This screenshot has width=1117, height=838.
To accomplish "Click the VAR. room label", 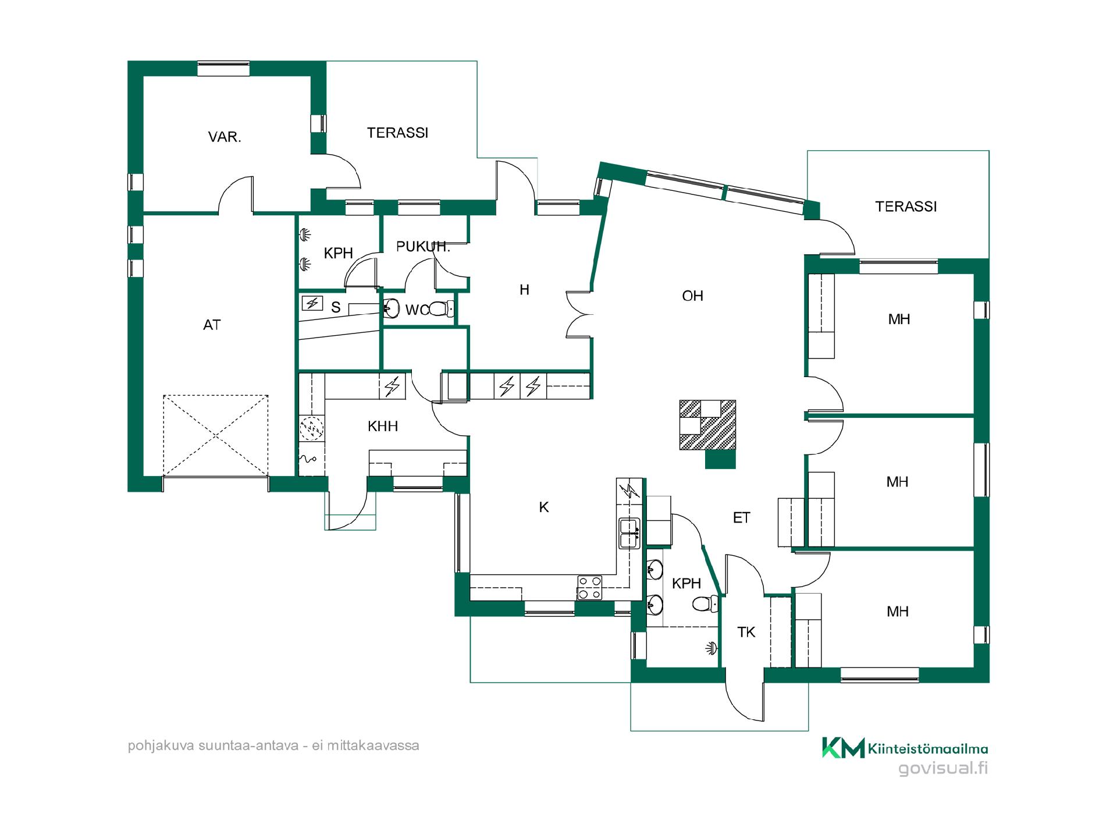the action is tap(225, 137).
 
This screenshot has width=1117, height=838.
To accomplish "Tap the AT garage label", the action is tap(212, 325).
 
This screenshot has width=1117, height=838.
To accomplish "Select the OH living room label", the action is tap(692, 296).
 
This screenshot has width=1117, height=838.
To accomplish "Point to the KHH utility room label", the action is tap(383, 427).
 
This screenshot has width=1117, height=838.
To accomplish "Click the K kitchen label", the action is tap(544, 507).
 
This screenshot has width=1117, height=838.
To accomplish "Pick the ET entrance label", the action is tap(741, 518).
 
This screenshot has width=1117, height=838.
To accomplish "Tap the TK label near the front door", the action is tap(746, 633).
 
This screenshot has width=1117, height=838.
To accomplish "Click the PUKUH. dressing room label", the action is tap(423, 247).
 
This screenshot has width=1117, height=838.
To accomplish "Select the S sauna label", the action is tap(336, 308).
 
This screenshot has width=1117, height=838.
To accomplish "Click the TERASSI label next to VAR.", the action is tap(397, 133).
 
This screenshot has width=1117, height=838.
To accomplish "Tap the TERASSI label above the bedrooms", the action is tap(906, 207).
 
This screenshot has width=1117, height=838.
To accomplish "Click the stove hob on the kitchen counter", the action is tap(589, 587).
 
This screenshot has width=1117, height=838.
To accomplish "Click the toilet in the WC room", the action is tap(442, 308).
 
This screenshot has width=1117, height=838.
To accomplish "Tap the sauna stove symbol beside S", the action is tap(313, 303).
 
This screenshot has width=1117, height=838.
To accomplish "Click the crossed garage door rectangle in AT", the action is tap(216, 435).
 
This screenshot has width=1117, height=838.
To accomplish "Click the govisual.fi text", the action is tap(943, 769).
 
